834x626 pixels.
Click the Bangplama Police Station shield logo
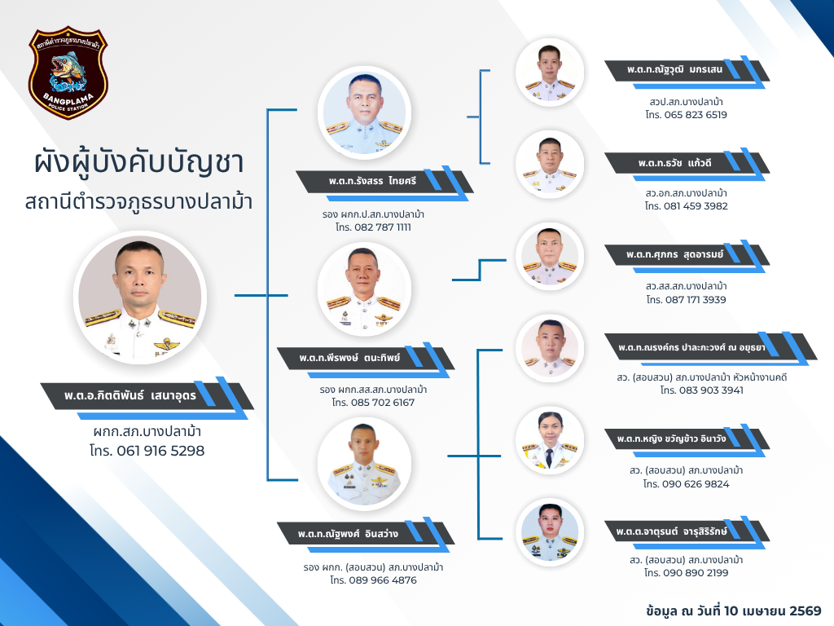[68, 73]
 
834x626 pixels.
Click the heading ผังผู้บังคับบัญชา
[138, 162]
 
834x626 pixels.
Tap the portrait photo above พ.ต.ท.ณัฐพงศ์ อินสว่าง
[364, 464]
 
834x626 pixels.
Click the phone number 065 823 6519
[696, 115]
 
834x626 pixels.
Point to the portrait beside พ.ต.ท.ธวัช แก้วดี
[550, 165]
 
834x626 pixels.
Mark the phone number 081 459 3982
[696, 206]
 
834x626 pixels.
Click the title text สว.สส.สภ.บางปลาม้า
[686, 286]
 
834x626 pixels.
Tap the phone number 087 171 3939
[696, 300]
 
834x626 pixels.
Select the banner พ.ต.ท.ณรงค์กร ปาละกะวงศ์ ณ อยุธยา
[710, 348]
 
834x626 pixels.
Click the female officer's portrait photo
[550, 440]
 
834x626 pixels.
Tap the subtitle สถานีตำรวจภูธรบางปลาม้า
[138, 203]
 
